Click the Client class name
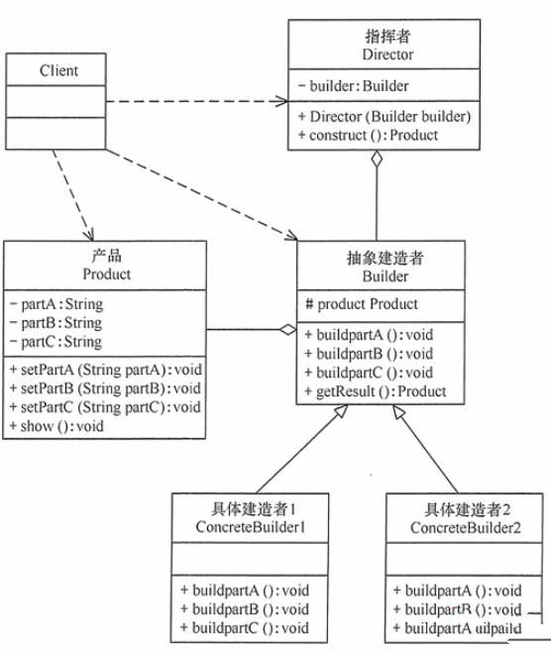pos(58,70)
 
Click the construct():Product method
pos(367,135)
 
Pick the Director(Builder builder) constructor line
pos(382,117)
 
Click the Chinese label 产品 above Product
pos(106,256)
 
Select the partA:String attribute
pos(56,305)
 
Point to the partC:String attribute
pos(56,342)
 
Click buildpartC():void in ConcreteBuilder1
pos(244,627)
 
